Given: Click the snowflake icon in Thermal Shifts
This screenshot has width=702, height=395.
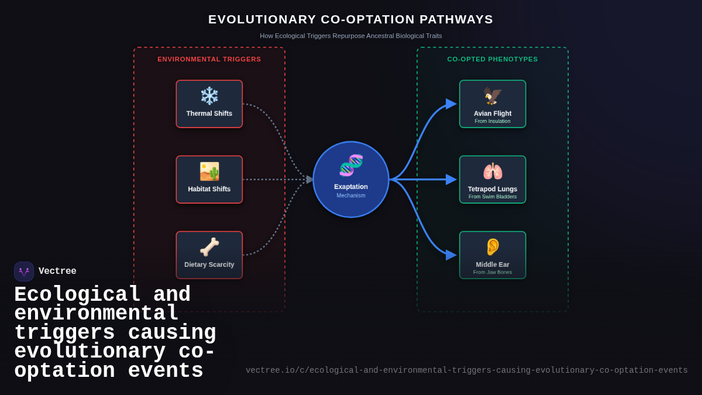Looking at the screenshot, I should coord(209,95).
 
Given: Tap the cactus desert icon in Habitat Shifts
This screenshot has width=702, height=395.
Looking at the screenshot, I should coord(209,171).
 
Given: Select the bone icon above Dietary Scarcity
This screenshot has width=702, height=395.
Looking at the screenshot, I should coord(209,247).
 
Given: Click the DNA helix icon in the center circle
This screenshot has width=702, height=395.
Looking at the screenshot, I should coord(351,166).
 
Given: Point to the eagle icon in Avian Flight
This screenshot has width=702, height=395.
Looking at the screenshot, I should coord(493,95).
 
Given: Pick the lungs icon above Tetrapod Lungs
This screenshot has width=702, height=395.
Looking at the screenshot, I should coord(493,171).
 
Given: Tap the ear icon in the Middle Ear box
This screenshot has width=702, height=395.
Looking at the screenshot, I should coord(493,247).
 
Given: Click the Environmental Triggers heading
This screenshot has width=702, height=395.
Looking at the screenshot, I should coord(209,59).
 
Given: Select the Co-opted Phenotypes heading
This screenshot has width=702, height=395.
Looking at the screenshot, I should coord(493,59).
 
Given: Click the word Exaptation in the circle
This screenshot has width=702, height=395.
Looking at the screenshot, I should coord(351,187).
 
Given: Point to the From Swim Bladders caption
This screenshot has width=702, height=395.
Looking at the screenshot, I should coord(493,197).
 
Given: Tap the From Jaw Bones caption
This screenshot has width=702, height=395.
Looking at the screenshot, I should coord(493,272).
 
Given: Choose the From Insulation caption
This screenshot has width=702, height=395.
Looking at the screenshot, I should coord(493,121).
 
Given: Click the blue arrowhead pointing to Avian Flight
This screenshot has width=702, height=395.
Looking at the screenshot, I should coord(450,104).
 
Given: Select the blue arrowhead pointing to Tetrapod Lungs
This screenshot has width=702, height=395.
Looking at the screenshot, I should coord(450,180).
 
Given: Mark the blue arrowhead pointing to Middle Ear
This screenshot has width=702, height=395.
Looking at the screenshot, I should coord(450,255).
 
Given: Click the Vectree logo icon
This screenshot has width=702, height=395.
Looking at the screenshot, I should coord(24,272).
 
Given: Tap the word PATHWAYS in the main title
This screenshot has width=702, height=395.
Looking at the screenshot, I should coord(456,19).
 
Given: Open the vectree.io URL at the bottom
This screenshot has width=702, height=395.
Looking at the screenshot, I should coord(467,370).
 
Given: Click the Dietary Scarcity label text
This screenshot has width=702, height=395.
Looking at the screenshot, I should coord(209,265).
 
